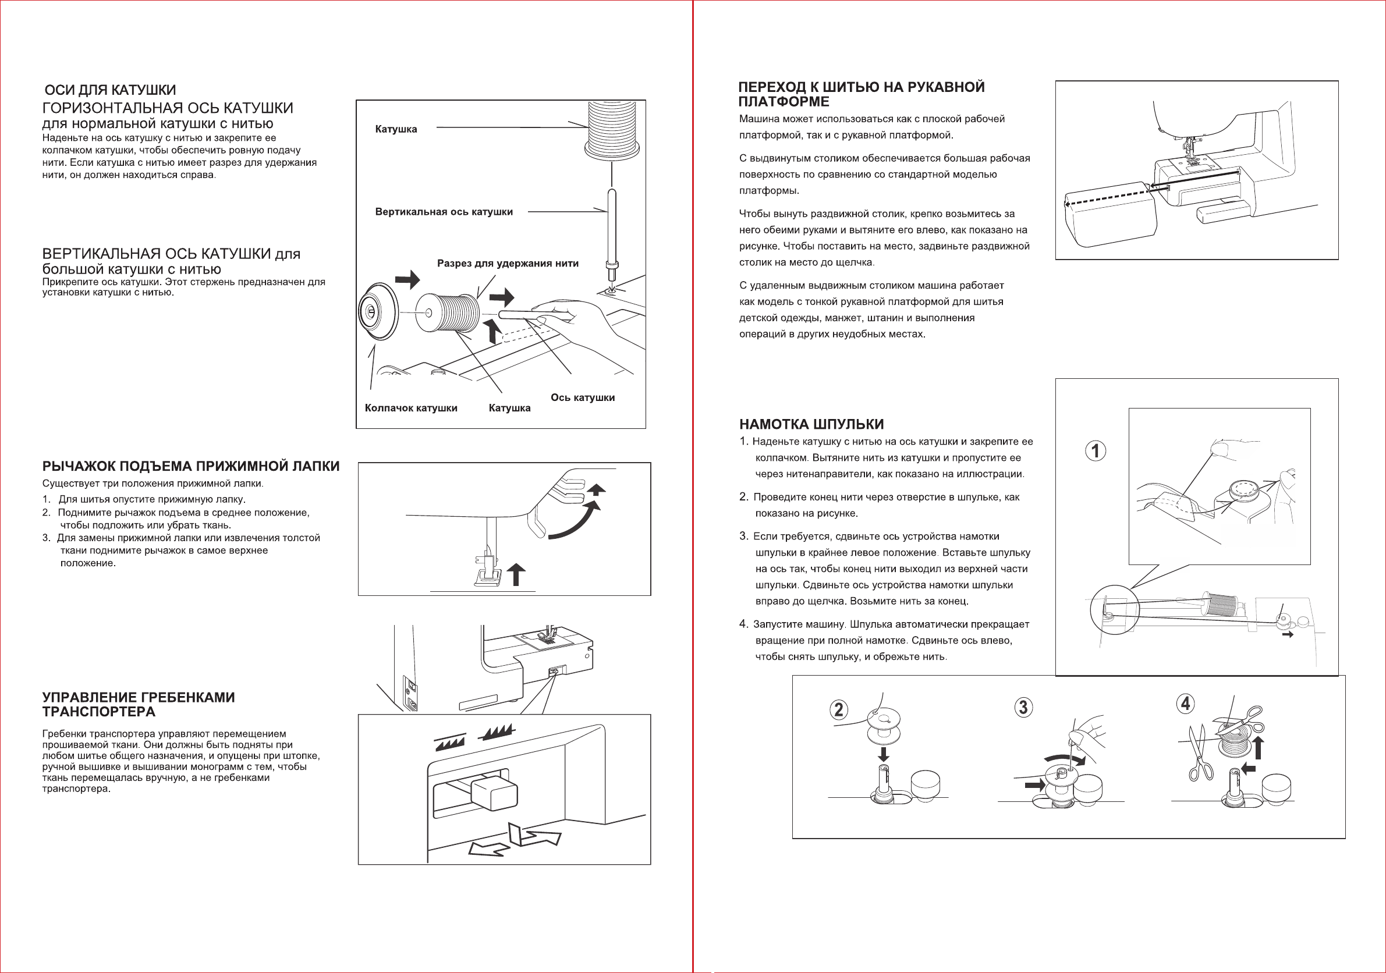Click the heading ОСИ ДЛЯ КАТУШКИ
pyautogui.click(x=111, y=90)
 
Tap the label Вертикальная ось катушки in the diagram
pyautogui.click(x=444, y=212)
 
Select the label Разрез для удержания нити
pyautogui.click(x=507, y=263)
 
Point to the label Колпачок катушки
pyautogui.click(x=410, y=408)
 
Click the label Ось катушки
pyautogui.click(x=583, y=398)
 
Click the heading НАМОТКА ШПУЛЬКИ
pyautogui.click(x=811, y=424)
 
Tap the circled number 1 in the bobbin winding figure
pyautogui.click(x=1096, y=451)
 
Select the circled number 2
pyautogui.click(x=838, y=709)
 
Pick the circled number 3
pyautogui.click(x=1023, y=707)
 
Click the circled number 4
pyautogui.click(x=1186, y=703)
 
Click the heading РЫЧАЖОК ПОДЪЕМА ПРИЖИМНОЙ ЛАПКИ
pyautogui.click(x=191, y=466)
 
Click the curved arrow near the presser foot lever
pyautogui.click(x=576, y=520)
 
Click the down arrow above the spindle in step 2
pyautogui.click(x=883, y=753)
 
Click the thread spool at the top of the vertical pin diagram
pyautogui.click(x=612, y=130)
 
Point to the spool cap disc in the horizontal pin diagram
pyautogui.click(x=377, y=311)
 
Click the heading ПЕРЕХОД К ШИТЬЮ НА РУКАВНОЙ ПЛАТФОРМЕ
pyautogui.click(x=861, y=94)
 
